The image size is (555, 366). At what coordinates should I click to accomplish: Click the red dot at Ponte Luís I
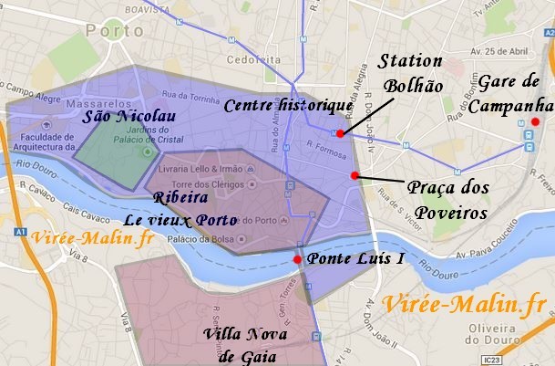[x=297, y=259]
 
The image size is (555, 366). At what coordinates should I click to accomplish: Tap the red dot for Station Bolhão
[x=340, y=133]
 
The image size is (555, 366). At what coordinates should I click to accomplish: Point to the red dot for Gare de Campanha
[x=536, y=122]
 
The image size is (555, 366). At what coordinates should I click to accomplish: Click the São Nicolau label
[x=128, y=117]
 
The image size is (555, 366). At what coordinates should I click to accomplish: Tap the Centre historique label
[x=287, y=106]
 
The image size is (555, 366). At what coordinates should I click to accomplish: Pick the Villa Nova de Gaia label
[x=246, y=345]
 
